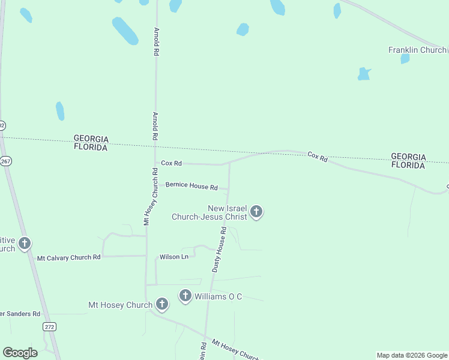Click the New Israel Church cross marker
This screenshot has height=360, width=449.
(x=256, y=211)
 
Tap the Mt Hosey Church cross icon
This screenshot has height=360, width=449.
(x=161, y=304)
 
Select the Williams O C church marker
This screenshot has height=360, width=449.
(x=185, y=296)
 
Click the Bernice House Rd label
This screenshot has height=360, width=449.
(x=191, y=186)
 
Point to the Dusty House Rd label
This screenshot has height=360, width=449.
(x=218, y=253)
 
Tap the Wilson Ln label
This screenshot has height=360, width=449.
(x=173, y=257)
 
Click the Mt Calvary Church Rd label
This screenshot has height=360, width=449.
(x=68, y=257)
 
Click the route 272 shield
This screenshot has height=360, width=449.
(x=49, y=326)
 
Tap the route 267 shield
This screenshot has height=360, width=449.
(x=6, y=161)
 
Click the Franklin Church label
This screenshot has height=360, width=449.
(x=417, y=50)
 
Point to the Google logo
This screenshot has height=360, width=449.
(x=20, y=353)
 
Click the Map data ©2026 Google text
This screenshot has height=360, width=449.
(x=412, y=355)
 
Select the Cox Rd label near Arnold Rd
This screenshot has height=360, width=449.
(x=171, y=163)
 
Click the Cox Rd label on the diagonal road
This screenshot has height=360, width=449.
(x=318, y=157)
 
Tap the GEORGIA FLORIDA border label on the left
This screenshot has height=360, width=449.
(x=91, y=142)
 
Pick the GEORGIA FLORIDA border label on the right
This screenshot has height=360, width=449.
(x=408, y=161)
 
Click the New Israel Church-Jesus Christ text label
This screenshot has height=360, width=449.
(x=209, y=212)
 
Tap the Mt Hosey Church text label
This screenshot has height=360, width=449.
(x=120, y=305)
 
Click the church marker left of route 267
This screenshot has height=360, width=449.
(x=25, y=244)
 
